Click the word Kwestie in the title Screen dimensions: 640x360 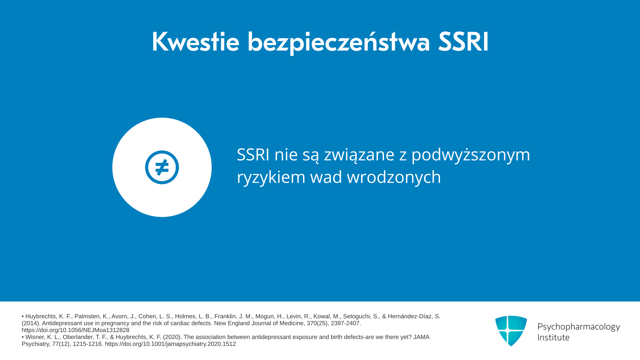[195, 42]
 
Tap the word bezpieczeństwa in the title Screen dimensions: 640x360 [339, 43]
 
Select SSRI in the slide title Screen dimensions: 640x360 [463, 42]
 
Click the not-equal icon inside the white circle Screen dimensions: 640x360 [162, 167]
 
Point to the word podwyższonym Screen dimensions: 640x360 [471, 155]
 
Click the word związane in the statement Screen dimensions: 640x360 [359, 155]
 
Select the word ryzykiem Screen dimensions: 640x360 [271, 177]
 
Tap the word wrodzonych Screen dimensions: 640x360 [394, 177]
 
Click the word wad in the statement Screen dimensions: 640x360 [326, 177]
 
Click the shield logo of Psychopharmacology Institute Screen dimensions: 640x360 [511, 331]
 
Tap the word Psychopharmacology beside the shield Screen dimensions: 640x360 [579, 327]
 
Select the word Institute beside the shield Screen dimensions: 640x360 [554, 337]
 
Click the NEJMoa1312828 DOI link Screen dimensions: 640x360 [75, 330]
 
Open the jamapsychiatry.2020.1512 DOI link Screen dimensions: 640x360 [170, 344]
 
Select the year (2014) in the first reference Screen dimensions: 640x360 [31, 323]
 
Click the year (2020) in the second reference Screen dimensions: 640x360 [172, 337]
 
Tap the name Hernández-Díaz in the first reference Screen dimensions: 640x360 [410, 316]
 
